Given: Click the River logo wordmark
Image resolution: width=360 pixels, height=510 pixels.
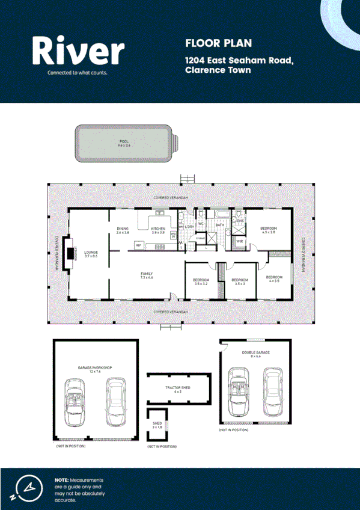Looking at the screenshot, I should coord(78,51).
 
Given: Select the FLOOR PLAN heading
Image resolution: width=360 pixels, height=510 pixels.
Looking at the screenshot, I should coord(210,43).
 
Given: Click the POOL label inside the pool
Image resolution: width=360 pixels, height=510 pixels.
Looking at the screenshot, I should coord(124,141).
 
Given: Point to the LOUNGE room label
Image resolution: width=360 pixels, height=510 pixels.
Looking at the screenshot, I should coord(91,252).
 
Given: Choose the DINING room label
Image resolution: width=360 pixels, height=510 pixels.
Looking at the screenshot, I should coord(123,229).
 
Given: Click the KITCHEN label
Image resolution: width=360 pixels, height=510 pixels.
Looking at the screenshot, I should coord(158,229).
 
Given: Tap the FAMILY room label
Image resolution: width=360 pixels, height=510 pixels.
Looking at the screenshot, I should coord(147,274).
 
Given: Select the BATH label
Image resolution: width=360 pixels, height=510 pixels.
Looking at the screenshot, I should coord(220,225).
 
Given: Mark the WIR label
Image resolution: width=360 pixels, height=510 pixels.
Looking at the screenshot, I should coord(239,241).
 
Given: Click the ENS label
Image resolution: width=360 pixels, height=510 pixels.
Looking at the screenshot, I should coord(240,221).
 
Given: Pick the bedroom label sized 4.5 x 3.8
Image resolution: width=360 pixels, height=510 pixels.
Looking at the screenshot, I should coord(268,229).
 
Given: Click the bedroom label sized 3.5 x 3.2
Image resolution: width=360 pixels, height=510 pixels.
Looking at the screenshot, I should coord(201,280).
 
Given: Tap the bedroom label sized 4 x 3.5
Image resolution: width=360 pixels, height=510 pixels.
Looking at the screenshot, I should coord(274,277).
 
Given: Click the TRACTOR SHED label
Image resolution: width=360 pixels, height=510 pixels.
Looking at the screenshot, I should coord(178,387).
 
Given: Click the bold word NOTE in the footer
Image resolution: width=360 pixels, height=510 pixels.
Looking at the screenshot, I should coord(61,480).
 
